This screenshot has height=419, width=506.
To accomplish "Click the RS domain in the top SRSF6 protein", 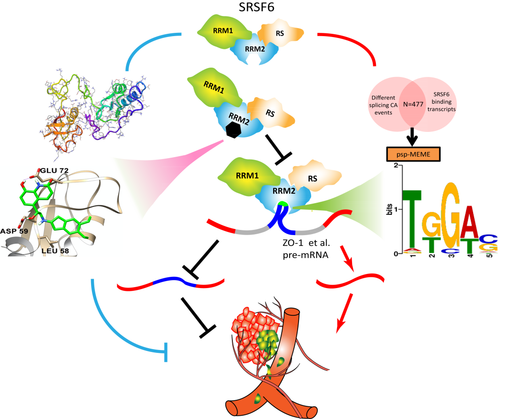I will pos(276,34).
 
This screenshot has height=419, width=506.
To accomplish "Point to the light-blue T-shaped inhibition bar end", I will pos(165,352).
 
